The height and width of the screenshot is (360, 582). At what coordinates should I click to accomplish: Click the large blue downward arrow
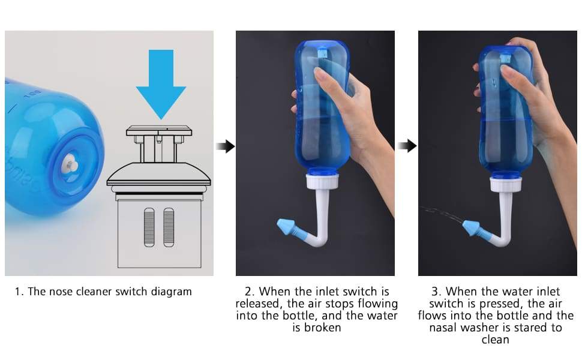click(x=161, y=83)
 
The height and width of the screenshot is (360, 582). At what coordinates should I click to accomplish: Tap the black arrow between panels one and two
click(x=226, y=146)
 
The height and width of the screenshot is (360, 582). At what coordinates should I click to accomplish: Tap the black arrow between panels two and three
click(x=407, y=146)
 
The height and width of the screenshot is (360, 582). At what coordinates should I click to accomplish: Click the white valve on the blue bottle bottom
click(x=70, y=164)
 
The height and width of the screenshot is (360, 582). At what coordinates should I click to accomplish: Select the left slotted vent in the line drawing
click(x=149, y=227)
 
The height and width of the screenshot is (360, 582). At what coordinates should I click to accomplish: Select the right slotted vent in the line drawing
click(x=169, y=227)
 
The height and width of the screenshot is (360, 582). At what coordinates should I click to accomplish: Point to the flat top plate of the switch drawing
click(x=159, y=131)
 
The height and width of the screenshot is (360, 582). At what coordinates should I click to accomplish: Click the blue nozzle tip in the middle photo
click(x=287, y=227)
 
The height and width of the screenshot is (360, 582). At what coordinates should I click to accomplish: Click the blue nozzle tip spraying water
click(x=470, y=227)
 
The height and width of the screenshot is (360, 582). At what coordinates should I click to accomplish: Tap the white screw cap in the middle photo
click(x=322, y=181)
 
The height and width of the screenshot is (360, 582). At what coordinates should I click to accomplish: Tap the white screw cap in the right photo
click(x=506, y=184)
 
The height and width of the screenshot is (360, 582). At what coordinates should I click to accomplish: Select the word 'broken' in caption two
click(x=322, y=328)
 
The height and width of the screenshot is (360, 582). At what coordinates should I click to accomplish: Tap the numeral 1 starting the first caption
click(x=17, y=292)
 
